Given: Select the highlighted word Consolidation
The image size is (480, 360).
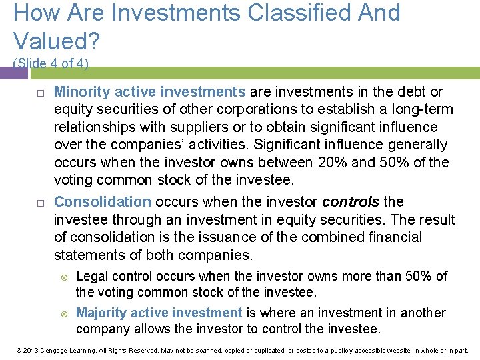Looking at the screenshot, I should (x=103, y=202).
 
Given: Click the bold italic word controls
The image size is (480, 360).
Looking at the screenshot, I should (x=351, y=202).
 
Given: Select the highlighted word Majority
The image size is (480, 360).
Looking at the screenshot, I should (x=101, y=313).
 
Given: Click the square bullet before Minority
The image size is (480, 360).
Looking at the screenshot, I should (x=41, y=93).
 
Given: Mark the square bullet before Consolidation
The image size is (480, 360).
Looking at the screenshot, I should (x=41, y=203).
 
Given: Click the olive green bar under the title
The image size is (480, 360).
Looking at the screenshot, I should (x=280, y=73).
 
